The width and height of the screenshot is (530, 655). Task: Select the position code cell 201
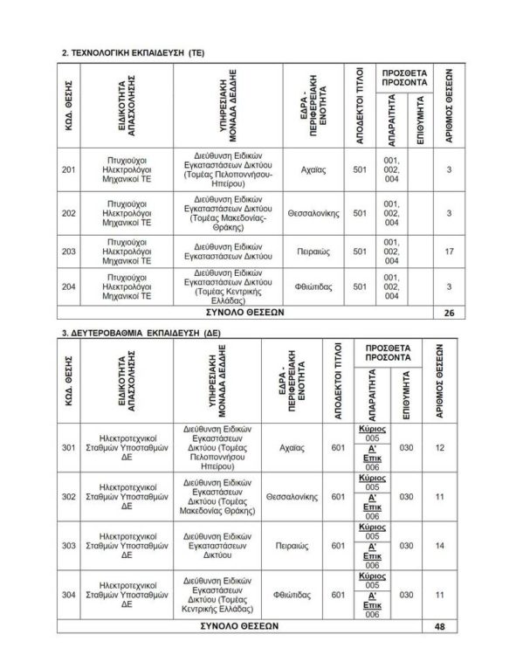coord(70,169)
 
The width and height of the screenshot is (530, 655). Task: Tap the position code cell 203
coord(70,251)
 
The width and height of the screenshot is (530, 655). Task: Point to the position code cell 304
coord(69,595)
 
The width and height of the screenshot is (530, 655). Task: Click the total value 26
coord(449,313)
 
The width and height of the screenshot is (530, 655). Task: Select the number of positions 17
coord(449,251)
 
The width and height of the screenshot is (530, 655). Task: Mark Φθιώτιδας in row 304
coord(290,595)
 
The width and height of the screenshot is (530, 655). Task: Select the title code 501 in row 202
coord(359,212)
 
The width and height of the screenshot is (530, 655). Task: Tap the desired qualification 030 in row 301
coord(405,448)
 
